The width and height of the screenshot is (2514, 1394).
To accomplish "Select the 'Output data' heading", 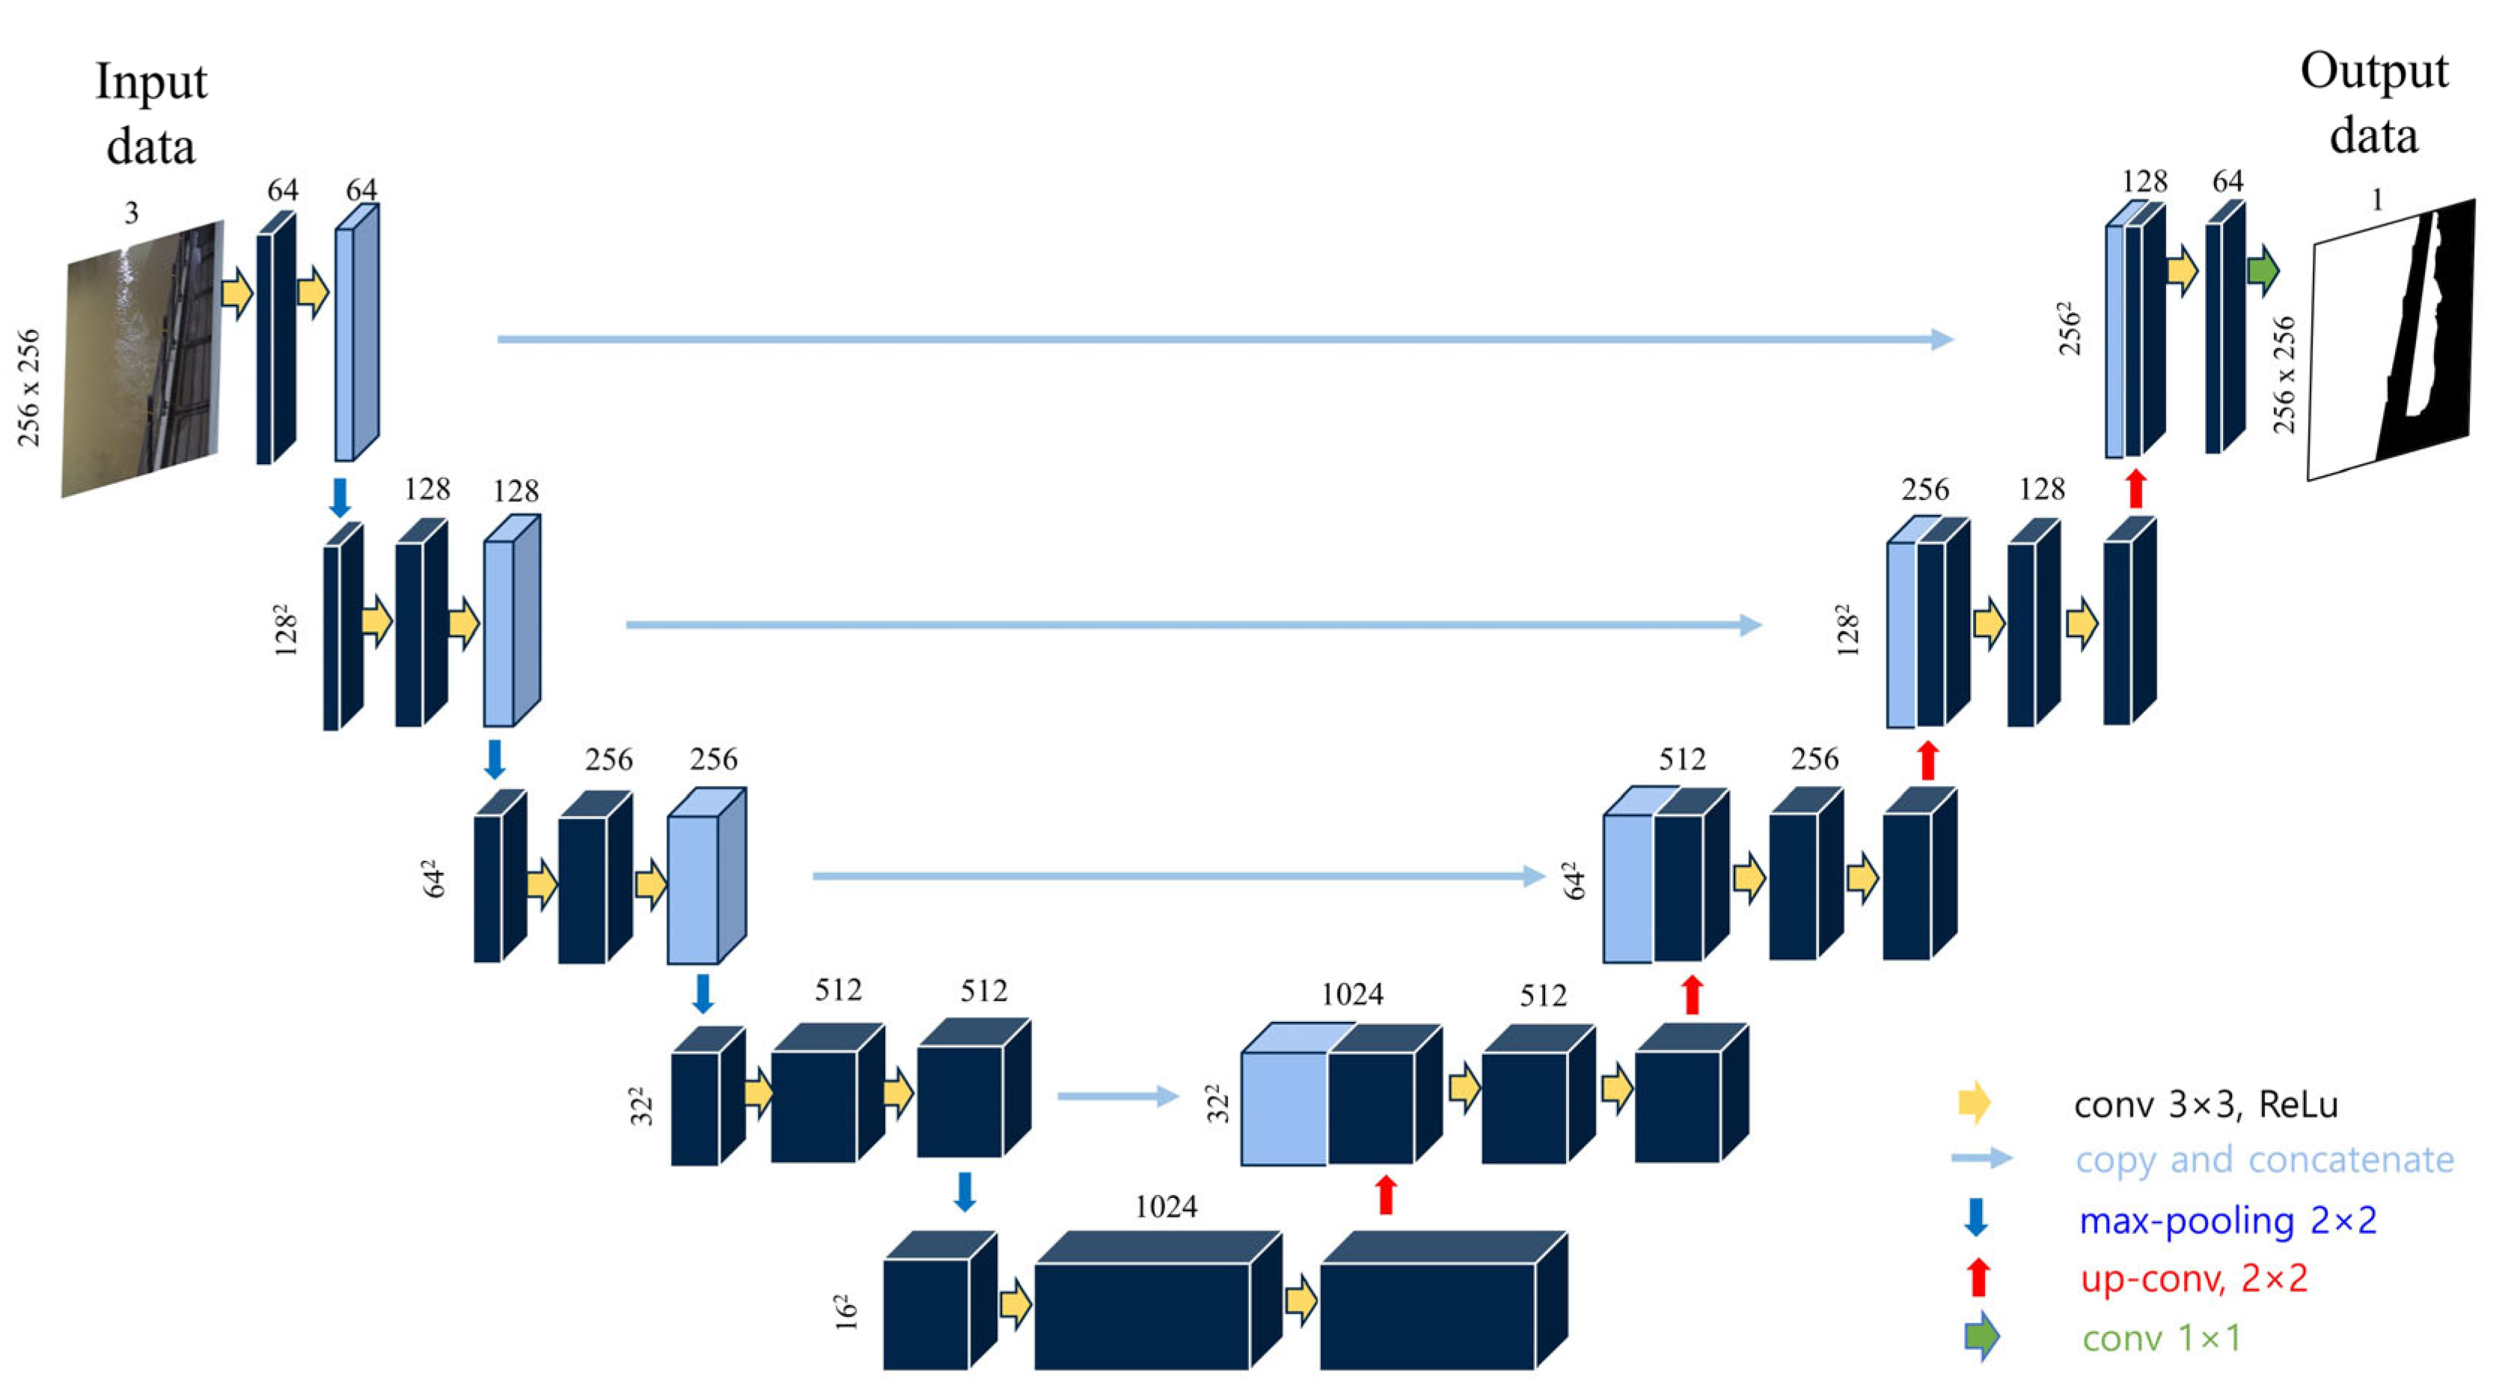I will (2373, 103).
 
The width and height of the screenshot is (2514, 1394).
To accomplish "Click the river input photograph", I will (141, 359).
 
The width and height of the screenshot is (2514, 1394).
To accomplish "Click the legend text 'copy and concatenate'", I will (2264, 1160).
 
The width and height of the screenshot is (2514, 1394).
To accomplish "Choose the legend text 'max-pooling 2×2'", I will (2228, 1220).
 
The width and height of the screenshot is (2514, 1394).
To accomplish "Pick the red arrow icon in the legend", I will (1978, 1277).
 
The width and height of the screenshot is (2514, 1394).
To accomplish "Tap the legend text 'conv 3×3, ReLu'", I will (2206, 1104).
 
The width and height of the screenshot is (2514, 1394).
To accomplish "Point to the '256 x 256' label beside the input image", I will (29, 388).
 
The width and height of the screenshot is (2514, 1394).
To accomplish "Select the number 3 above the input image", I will (132, 213).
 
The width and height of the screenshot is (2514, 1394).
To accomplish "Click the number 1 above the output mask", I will (2377, 199).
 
